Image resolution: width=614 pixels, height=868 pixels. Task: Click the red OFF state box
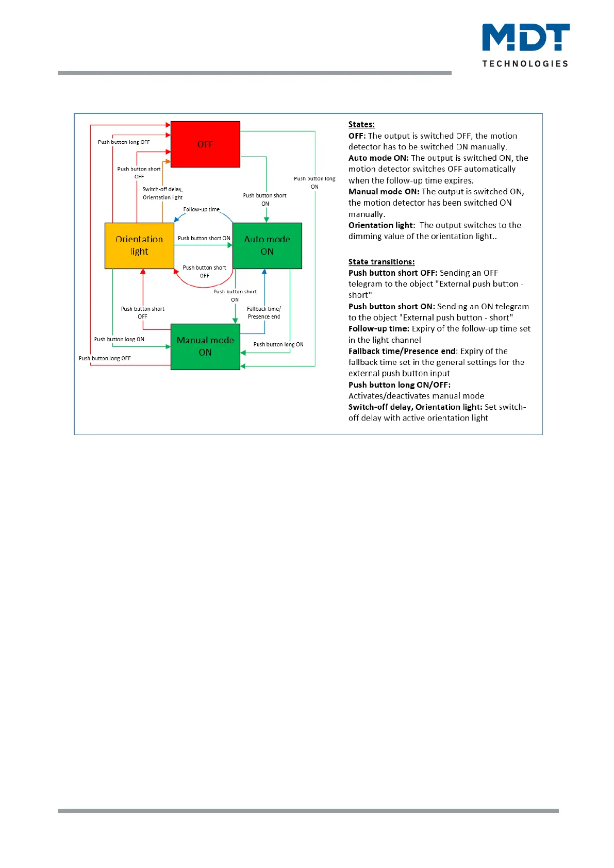pyautogui.click(x=205, y=144)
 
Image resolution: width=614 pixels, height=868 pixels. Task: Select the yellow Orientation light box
pyautogui.click(x=139, y=245)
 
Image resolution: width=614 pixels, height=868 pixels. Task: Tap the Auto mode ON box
pyautogui.click(x=267, y=245)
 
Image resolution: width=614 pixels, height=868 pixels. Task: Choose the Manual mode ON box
pyautogui.click(x=205, y=346)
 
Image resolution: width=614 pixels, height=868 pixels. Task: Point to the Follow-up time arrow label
pyautogui.click(x=202, y=209)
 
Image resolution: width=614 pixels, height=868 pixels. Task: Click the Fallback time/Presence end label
pyautogui.click(x=264, y=313)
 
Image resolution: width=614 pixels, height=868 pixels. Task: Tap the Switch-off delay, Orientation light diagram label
pyautogui.click(x=162, y=193)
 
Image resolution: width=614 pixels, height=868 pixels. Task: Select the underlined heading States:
pyautogui.click(x=361, y=124)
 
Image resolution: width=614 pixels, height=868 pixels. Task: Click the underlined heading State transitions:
pyautogui.click(x=381, y=262)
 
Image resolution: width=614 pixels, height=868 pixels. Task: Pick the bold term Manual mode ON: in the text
pyautogui.click(x=384, y=192)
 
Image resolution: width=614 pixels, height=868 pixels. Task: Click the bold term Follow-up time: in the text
pyautogui.click(x=379, y=329)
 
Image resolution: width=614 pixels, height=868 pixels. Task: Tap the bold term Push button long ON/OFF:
pyautogui.click(x=400, y=385)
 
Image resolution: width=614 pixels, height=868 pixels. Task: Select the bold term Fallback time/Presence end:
pyautogui.click(x=403, y=352)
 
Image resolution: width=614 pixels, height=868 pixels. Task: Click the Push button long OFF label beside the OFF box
pyautogui.click(x=124, y=142)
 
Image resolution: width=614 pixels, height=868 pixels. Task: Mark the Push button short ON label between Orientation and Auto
pyautogui.click(x=204, y=238)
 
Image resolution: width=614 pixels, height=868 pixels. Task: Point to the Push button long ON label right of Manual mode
pyautogui.click(x=278, y=344)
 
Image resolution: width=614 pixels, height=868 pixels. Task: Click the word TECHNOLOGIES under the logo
pyautogui.click(x=525, y=64)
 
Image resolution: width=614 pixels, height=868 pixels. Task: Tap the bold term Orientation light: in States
pyautogui.click(x=381, y=225)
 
